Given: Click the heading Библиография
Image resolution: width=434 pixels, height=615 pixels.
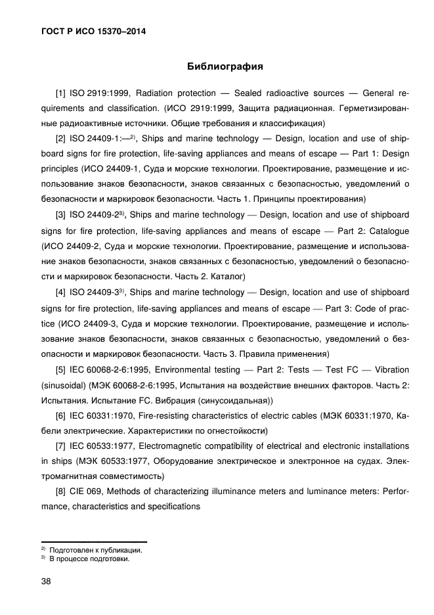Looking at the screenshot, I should pyautogui.click(x=225, y=66).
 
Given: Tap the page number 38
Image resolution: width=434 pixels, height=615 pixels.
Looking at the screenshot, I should pyautogui.click(x=47, y=581).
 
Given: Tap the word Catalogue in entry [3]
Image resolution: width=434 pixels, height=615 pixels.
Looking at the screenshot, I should pyautogui.click(x=387, y=231).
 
